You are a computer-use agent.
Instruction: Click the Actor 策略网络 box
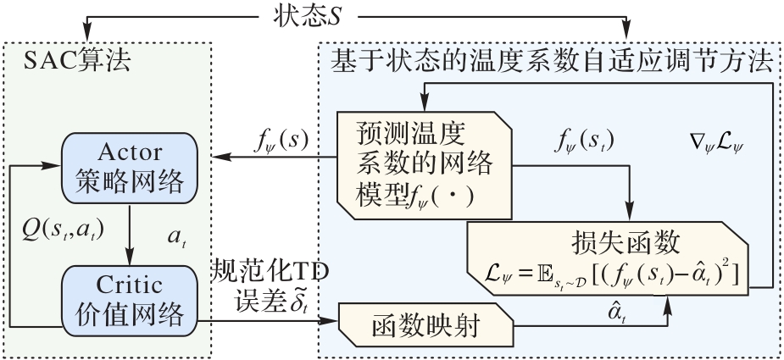[130, 168]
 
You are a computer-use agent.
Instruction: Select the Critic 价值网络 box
[130, 301]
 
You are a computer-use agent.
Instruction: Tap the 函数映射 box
[426, 325]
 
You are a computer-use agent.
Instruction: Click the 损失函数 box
[608, 258]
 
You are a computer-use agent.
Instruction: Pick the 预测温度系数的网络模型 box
[425, 165]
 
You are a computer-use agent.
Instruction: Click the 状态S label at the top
[307, 16]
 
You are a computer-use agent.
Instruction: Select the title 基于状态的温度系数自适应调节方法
[552, 62]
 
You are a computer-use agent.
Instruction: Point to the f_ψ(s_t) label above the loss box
[583, 143]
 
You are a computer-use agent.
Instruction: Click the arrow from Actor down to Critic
[130, 235]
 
